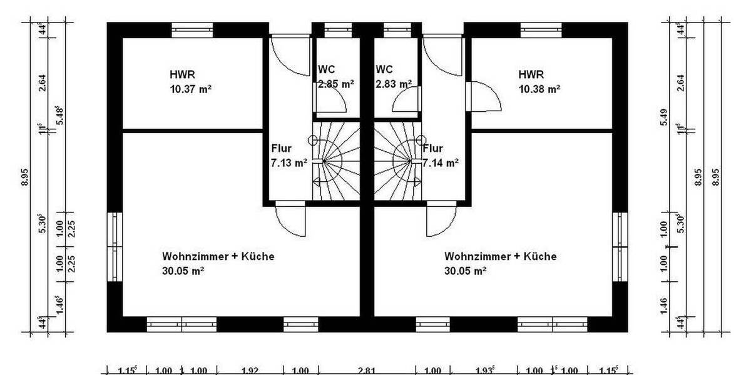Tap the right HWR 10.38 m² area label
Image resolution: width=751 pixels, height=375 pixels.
point(539,81)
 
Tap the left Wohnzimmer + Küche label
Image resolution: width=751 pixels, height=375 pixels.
point(218,263)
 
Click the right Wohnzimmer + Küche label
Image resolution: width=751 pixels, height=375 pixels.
point(500,263)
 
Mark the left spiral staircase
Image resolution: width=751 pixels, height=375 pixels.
point(335,161)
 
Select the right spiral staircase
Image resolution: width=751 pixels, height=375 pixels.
point(397,161)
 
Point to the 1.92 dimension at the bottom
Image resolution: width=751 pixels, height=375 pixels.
point(250,371)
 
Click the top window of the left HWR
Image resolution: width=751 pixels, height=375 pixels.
point(193,29)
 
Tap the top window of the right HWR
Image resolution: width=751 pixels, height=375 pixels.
point(541,29)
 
